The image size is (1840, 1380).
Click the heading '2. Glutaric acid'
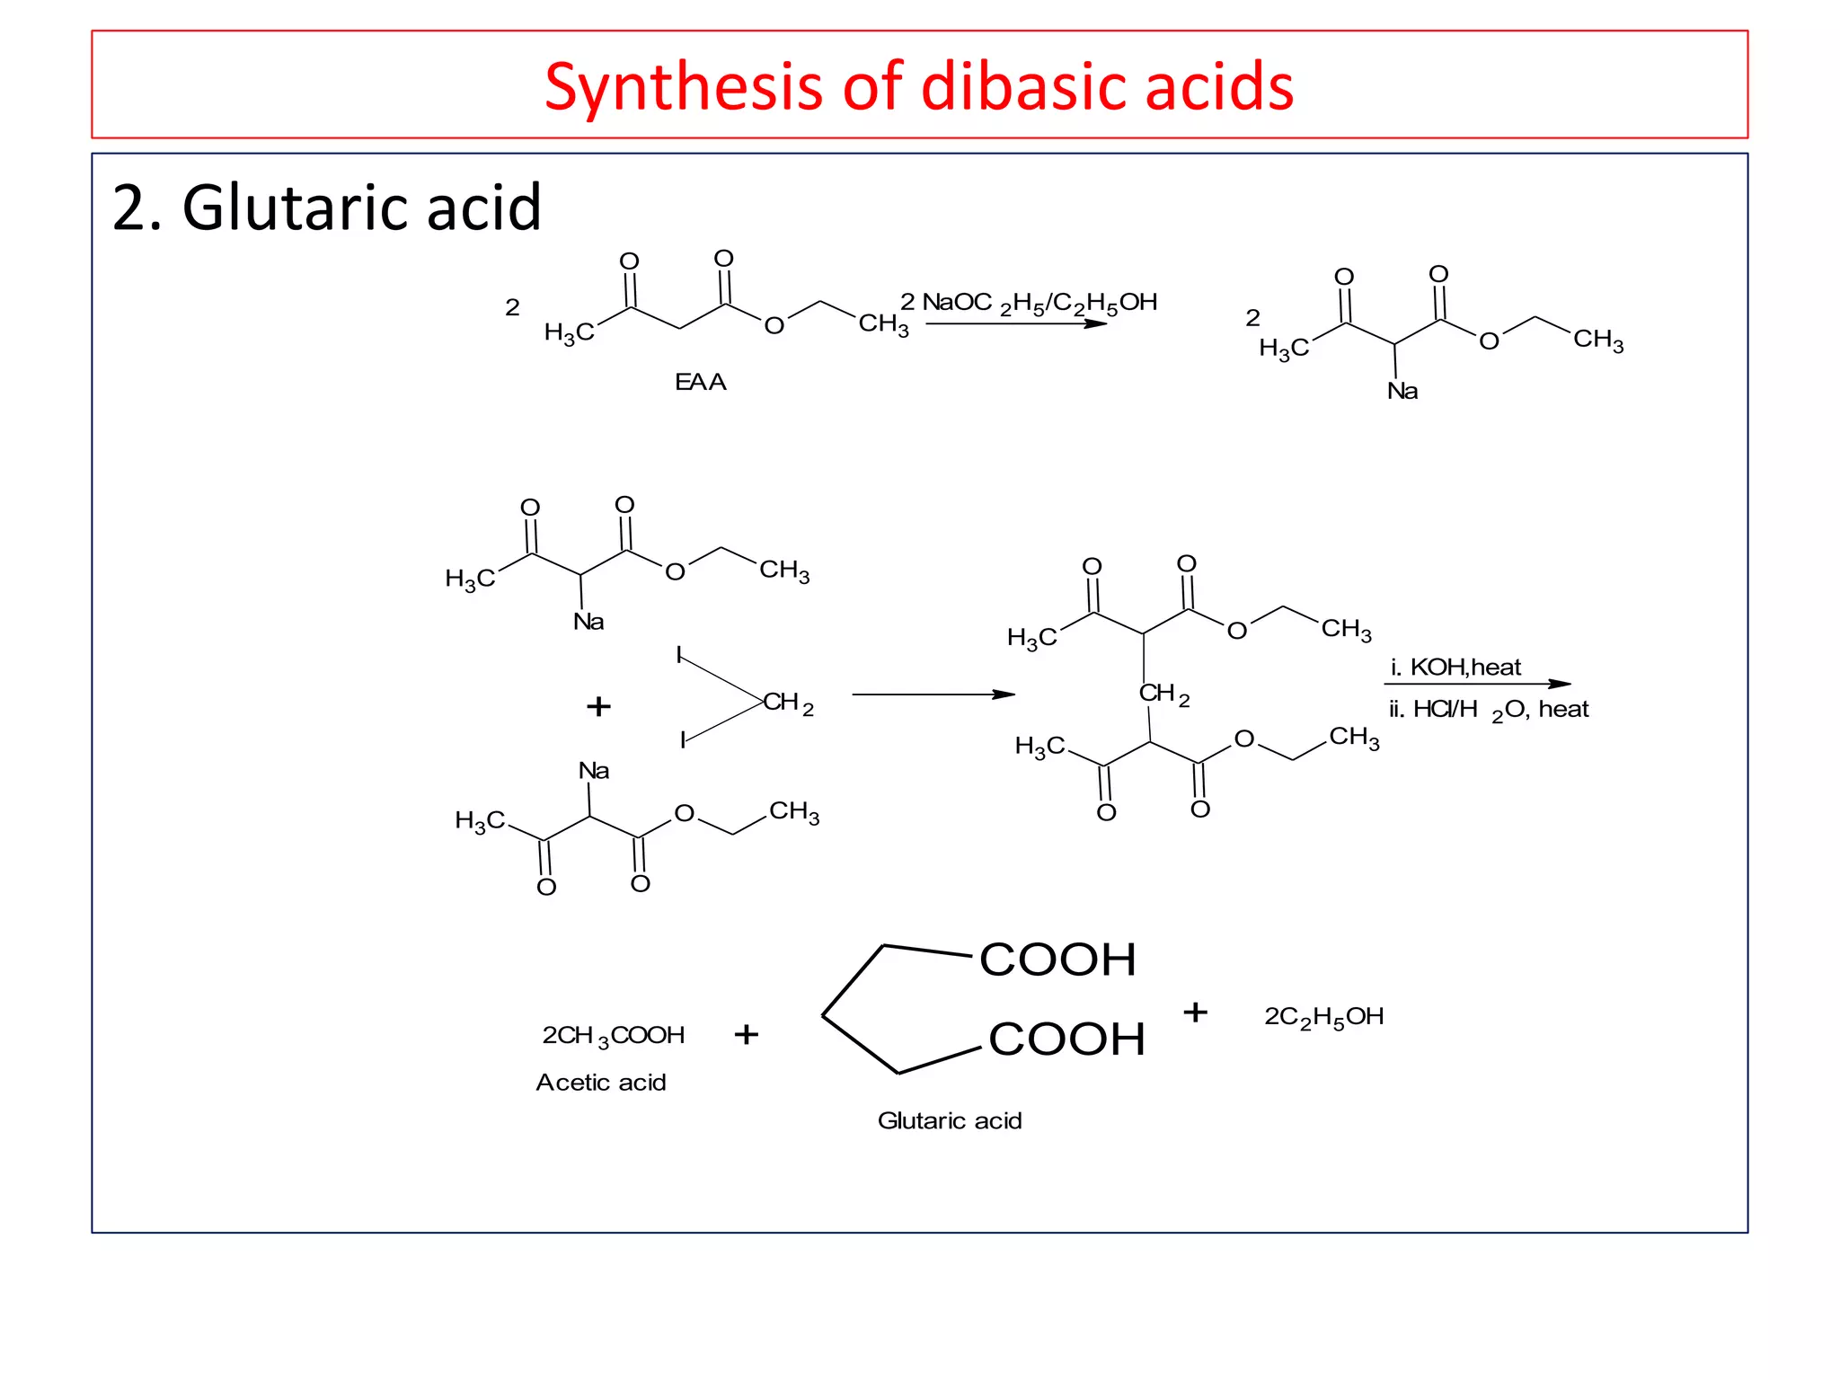tap(326, 208)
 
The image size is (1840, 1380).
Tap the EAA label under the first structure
tap(700, 383)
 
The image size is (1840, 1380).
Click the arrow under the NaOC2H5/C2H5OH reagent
tap(1015, 323)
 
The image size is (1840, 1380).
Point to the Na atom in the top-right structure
tap(1402, 391)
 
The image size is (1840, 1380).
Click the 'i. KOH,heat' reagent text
tap(1455, 668)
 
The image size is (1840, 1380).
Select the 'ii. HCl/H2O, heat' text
tap(1489, 710)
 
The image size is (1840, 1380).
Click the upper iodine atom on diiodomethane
tap(679, 655)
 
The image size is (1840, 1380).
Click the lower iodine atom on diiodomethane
tap(683, 740)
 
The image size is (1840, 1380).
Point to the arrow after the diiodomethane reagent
tap(933, 694)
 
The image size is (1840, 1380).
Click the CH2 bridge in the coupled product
tap(1163, 694)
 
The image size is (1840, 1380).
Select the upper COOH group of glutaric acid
tap(1057, 960)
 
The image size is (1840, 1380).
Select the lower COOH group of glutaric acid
tap(1066, 1039)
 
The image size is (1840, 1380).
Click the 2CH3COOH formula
tap(614, 1036)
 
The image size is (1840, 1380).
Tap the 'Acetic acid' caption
tap(601, 1083)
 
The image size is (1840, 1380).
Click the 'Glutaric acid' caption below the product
tap(950, 1121)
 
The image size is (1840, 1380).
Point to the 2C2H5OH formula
tap(1323, 1017)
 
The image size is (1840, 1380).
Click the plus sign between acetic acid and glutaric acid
tap(746, 1035)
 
